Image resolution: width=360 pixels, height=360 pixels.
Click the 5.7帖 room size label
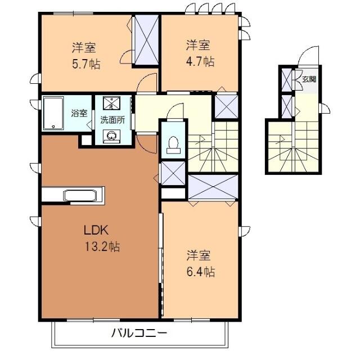87,64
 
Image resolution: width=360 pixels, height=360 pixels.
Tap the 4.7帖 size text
201,61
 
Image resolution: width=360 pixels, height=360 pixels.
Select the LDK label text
96,230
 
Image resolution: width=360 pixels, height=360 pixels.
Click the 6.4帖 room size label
201,272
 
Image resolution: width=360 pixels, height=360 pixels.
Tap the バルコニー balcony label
138,332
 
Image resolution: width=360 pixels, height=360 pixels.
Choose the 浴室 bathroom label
79,112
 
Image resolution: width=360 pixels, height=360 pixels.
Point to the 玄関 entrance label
308,79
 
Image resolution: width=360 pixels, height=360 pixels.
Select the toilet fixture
173,145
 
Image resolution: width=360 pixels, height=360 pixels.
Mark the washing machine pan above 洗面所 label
112,103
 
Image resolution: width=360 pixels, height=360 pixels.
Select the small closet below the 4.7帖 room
226,106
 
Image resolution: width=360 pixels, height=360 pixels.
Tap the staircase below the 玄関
294,146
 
